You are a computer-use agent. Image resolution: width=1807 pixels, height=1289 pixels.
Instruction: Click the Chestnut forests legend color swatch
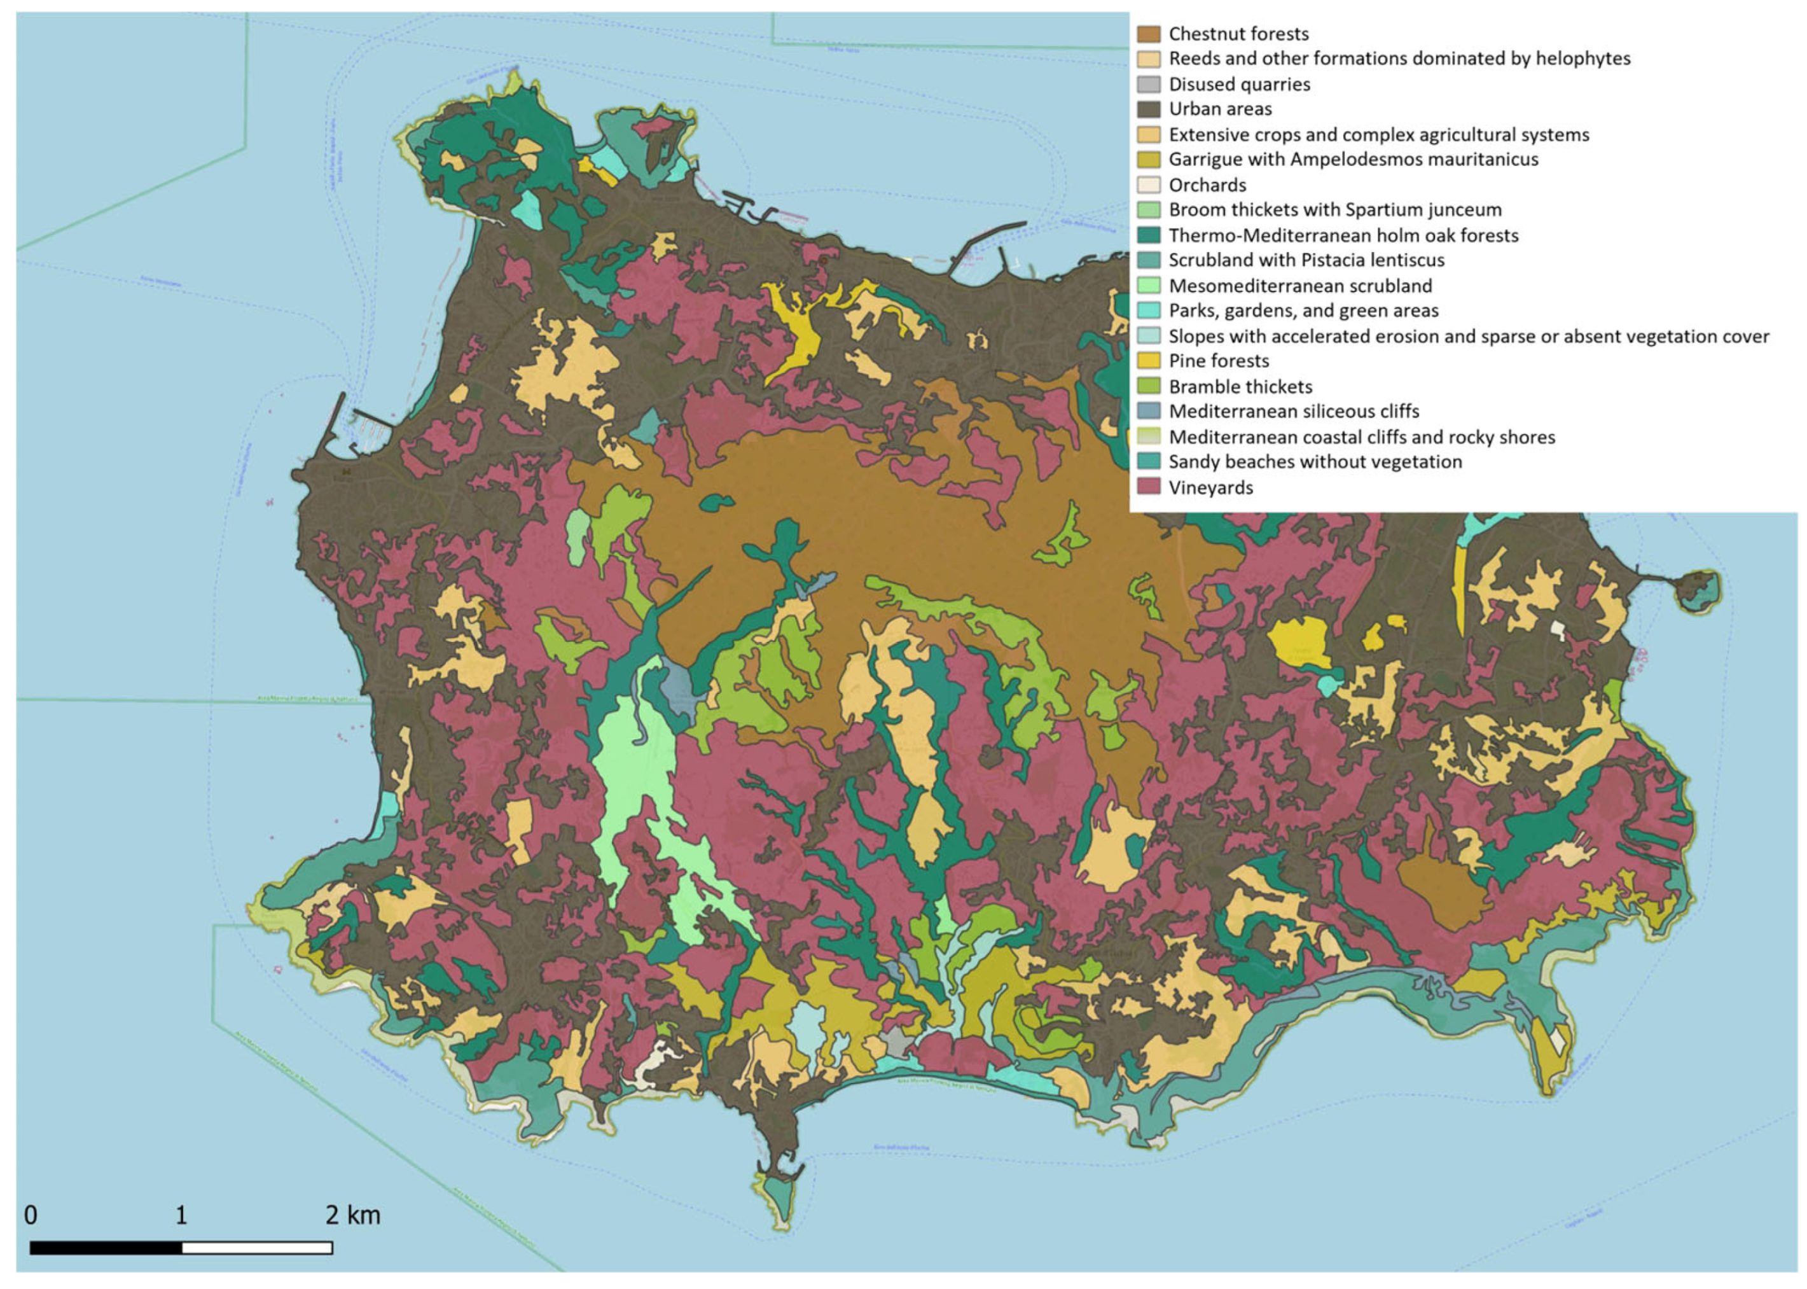click(1147, 33)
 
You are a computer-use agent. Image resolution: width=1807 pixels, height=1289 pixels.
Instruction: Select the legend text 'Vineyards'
click(1210, 487)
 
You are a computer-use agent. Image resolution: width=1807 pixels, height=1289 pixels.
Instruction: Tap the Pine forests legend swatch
click(1147, 361)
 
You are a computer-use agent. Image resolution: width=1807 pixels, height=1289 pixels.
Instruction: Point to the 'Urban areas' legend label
click(1220, 109)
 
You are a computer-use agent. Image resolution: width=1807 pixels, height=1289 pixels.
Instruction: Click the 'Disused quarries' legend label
click(1239, 84)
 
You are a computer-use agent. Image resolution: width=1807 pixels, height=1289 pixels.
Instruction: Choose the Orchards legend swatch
click(1147, 185)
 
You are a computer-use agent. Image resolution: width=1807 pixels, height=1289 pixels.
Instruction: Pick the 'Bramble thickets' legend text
click(1240, 387)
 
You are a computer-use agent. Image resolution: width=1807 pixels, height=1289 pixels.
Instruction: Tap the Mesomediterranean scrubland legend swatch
click(1147, 286)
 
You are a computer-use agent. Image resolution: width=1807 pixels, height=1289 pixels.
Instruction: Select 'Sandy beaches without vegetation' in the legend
click(1315, 462)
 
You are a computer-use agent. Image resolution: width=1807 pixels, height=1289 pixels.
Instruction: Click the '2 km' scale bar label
click(352, 1215)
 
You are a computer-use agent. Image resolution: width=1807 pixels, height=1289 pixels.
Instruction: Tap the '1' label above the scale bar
click(181, 1215)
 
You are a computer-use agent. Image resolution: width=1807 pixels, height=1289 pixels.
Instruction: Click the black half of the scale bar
click(106, 1248)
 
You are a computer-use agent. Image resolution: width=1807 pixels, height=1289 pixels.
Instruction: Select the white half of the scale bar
click(256, 1248)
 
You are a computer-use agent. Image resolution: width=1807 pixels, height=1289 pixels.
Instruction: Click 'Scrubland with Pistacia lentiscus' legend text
click(1305, 260)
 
